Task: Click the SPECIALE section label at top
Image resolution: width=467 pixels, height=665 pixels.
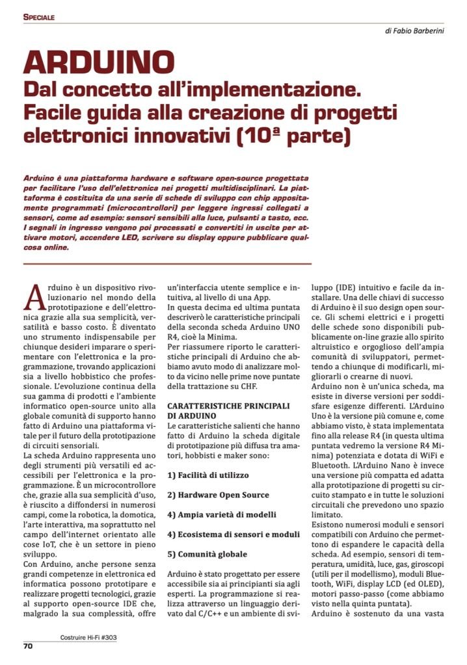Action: click(x=39, y=17)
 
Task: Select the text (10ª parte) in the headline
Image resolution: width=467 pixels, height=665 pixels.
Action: click(x=291, y=138)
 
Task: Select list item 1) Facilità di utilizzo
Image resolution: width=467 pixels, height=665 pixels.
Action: click(x=208, y=475)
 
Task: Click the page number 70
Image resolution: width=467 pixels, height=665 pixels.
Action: click(x=28, y=646)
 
